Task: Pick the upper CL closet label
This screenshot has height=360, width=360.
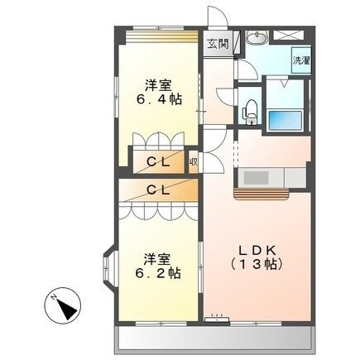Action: [158, 162]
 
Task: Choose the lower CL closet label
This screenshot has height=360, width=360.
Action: [158, 190]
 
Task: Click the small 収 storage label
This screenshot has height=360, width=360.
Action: [192, 162]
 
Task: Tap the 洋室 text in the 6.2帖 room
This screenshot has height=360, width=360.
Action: [154, 256]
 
